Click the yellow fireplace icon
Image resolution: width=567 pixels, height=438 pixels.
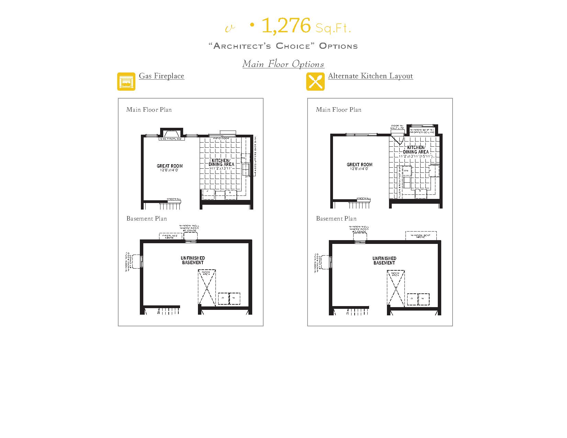[126, 81]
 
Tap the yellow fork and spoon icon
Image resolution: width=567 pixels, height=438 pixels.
[315, 81]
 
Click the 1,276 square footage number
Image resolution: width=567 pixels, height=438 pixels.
[286, 26]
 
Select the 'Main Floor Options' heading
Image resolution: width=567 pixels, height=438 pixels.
[283, 64]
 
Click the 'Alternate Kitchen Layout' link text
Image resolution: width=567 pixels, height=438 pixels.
[370, 76]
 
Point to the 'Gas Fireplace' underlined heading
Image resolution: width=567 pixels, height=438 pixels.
[162, 76]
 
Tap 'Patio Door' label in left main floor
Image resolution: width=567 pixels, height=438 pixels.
[221, 138]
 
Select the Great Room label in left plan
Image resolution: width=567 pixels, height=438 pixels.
[170, 166]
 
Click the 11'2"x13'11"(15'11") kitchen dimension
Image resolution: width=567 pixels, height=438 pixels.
[415, 156]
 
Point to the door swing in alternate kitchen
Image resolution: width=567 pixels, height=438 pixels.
[399, 139]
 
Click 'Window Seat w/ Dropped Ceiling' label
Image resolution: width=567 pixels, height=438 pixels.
[422, 131]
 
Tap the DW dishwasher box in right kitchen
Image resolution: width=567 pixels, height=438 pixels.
[406, 171]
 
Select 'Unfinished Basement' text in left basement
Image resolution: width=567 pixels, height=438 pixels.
[192, 260]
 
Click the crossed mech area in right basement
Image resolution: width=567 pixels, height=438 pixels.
[396, 288]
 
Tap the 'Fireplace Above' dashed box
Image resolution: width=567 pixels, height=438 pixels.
[170, 236]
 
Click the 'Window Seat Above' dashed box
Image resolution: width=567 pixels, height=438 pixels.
[421, 236]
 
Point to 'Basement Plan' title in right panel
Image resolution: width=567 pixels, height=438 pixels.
[336, 218]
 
